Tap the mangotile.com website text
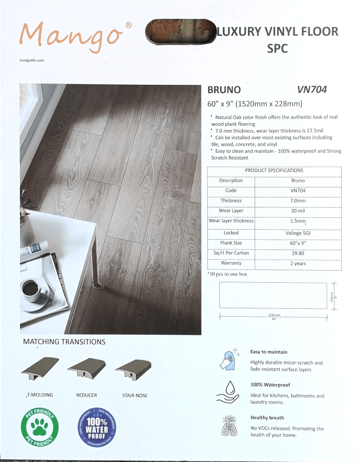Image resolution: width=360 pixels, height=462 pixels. [31, 59]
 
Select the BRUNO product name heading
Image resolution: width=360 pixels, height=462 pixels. [224, 89]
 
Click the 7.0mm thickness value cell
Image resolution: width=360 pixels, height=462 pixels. [298, 201]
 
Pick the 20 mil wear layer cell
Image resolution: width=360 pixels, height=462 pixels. [298, 211]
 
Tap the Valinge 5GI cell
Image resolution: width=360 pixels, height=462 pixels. [298, 233]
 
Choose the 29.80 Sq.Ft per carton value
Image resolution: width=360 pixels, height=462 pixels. [298, 253]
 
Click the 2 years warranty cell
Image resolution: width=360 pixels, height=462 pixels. [298, 263]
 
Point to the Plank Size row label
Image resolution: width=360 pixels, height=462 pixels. [231, 243]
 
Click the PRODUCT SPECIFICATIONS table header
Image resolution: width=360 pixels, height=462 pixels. [274, 171]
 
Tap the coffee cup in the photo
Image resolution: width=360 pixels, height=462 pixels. [34, 289]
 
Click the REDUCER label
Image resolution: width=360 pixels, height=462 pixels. [87, 395]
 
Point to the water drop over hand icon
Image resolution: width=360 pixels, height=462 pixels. [227, 391]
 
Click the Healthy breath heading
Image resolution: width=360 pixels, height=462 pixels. [267, 418]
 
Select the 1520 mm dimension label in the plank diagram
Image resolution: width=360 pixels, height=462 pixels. [273, 316]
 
